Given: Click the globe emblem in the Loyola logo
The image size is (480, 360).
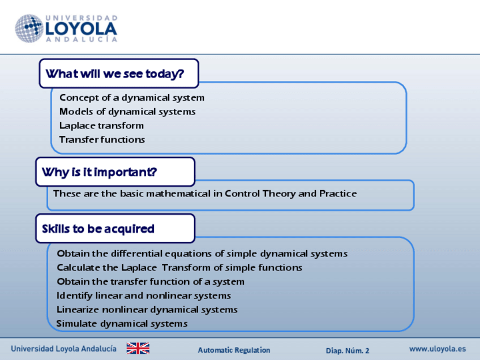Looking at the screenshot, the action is click(x=29, y=28).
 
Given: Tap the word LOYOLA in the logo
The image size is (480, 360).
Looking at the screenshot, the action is click(x=81, y=29).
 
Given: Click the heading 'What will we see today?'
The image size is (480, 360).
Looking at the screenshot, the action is click(x=115, y=74).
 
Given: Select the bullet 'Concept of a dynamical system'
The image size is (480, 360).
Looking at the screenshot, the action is click(x=132, y=98).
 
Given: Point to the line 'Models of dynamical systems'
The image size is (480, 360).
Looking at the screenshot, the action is click(x=127, y=112).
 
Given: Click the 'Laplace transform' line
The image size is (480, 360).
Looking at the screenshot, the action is click(x=101, y=126).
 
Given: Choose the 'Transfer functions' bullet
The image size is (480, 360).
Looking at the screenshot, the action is click(x=102, y=140).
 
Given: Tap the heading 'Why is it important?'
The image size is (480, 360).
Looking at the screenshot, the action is click(x=100, y=172).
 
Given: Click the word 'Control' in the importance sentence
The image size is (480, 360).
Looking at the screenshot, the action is click(x=242, y=194).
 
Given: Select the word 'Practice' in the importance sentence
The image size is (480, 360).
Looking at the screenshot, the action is click(x=338, y=194).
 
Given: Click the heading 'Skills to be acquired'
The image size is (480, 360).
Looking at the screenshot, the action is click(x=98, y=229).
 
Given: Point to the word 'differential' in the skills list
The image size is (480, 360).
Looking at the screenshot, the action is click(x=136, y=254).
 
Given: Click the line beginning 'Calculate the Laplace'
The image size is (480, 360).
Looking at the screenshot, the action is click(x=179, y=268).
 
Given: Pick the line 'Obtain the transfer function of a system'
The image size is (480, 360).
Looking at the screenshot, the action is click(x=151, y=282).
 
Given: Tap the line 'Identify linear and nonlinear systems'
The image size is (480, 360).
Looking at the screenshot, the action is click(x=144, y=295).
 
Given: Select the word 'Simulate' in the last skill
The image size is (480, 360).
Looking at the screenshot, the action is click(x=76, y=324).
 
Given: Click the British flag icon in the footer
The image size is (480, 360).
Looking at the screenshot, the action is click(x=138, y=348).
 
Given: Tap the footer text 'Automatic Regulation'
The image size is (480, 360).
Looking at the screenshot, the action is click(x=234, y=350).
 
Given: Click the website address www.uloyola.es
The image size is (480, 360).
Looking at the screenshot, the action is click(x=438, y=349).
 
